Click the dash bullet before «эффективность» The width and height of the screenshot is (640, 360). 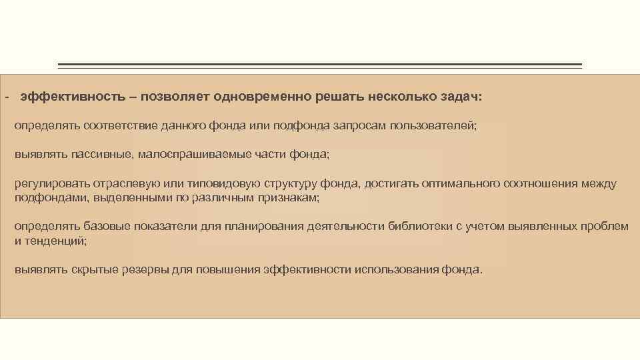tap(6, 97)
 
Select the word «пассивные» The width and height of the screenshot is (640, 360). tap(103, 155)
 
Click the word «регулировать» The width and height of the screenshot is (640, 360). tap(47, 184)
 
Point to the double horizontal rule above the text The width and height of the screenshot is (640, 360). tap(320, 66)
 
